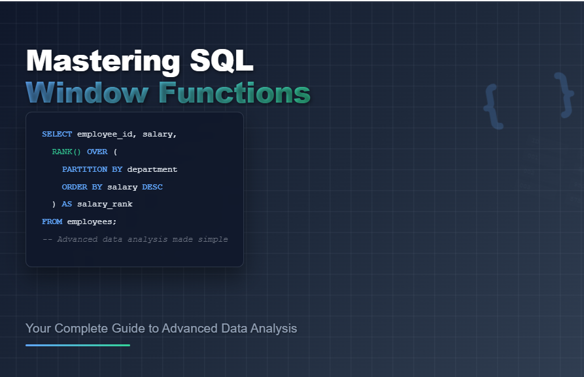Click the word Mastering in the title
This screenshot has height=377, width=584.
tap(103, 61)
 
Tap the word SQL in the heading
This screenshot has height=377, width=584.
tap(222, 60)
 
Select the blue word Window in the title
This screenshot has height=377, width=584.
tap(87, 92)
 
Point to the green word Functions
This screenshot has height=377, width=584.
tap(235, 92)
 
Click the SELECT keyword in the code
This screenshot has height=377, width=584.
tap(57, 134)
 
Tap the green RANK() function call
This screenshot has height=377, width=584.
tap(66, 152)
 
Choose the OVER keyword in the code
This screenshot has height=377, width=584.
tap(97, 152)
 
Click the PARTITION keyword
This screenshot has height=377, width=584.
tap(84, 169)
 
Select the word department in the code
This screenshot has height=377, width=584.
tap(152, 169)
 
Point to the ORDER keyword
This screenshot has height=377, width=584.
tap(75, 187)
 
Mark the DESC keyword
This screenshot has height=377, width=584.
tap(152, 187)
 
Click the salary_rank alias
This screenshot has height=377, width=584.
tap(105, 205)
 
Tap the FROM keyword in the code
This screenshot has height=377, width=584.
tap(52, 221)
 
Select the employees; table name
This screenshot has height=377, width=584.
tap(92, 222)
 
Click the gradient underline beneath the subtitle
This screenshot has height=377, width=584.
tap(78, 346)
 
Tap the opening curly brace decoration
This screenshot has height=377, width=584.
tap(492, 107)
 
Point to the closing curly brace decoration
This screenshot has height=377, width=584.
tap(564, 95)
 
